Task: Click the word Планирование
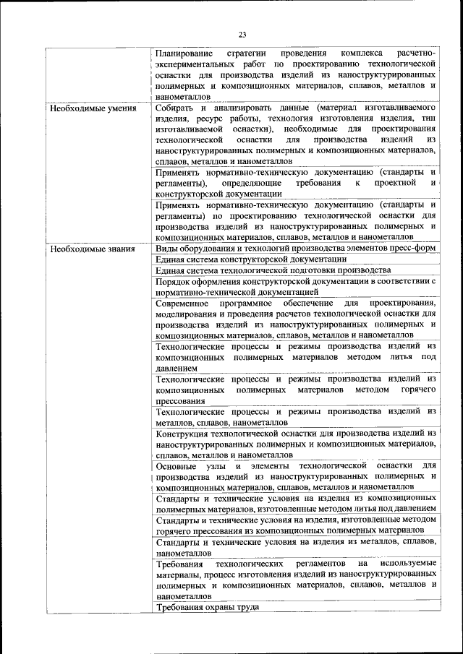tap(184, 53)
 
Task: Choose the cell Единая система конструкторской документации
tap(246, 259)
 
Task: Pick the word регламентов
tap(319, 563)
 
